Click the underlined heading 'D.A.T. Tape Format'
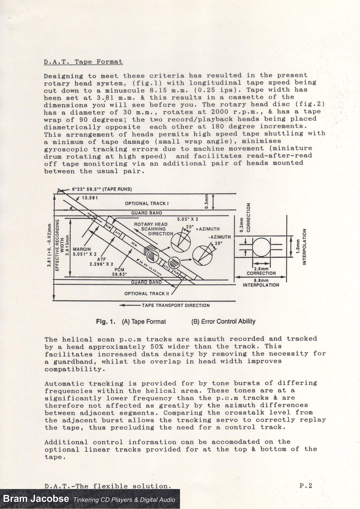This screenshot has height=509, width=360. click(83, 62)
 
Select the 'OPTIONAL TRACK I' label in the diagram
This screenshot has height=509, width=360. click(147, 203)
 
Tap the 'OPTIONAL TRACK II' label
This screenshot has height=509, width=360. click(147, 294)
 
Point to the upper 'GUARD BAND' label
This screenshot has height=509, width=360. click(147, 213)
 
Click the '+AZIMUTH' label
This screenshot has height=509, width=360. click(208, 229)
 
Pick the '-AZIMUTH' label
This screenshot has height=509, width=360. click(219, 237)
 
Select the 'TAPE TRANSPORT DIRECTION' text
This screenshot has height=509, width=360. click(175, 305)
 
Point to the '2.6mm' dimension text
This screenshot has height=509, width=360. click(261, 269)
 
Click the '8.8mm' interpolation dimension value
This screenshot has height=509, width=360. click(261, 280)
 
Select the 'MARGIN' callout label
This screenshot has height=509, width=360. click(82, 249)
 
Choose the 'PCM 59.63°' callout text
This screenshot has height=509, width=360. click(119, 272)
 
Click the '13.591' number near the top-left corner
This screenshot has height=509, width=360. click(90, 198)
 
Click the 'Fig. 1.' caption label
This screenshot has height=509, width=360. click(106, 321)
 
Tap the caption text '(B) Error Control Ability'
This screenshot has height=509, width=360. click(223, 321)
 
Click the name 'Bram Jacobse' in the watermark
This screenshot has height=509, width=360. click(36, 499)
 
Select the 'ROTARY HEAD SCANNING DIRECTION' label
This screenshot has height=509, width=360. click(153, 229)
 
